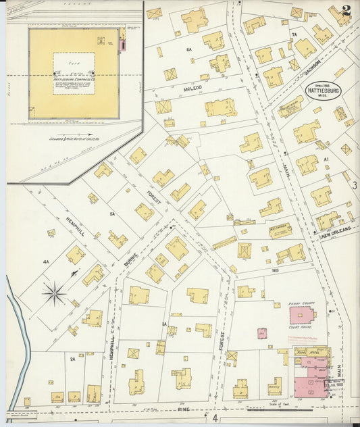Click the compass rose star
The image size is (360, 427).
click(x=53, y=293)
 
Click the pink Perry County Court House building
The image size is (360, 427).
click(x=302, y=315)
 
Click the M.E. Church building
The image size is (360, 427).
click(x=280, y=230)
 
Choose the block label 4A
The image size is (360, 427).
click(x=46, y=261)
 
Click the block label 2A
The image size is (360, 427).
click(x=72, y=359)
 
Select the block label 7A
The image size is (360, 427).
click(x=294, y=34)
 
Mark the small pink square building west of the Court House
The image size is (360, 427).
click(x=261, y=334)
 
